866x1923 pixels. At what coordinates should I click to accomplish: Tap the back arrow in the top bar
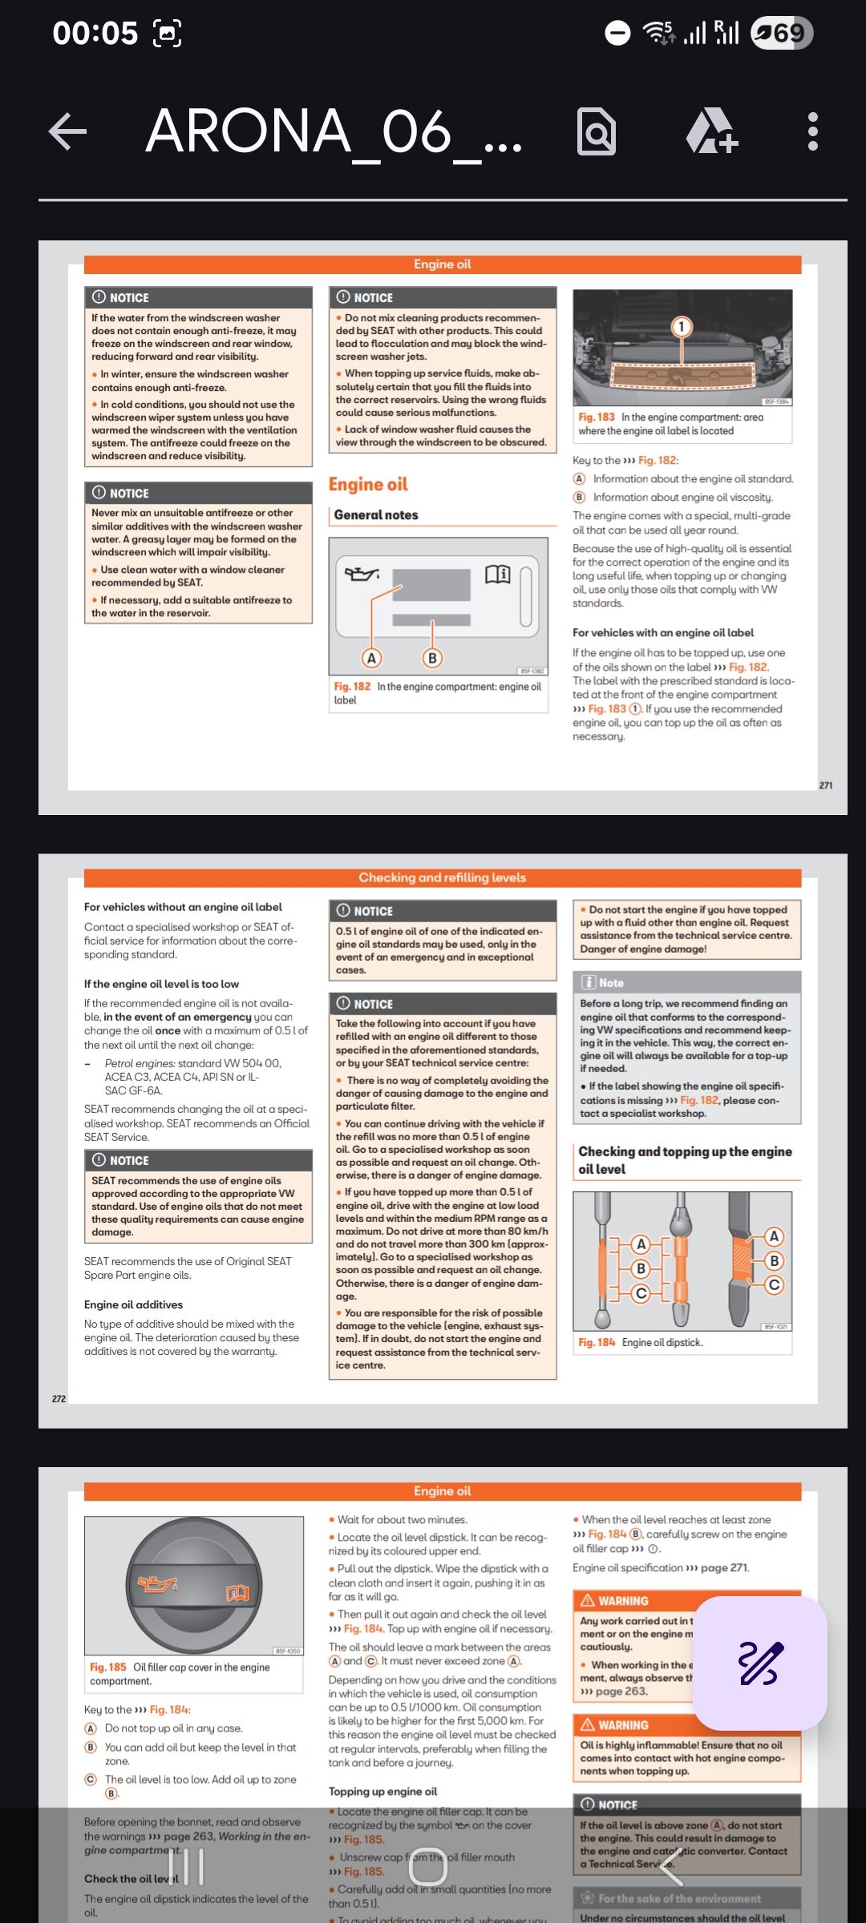click(68, 131)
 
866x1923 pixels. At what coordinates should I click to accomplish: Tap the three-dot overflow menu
click(812, 131)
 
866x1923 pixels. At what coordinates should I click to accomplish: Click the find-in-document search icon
click(597, 131)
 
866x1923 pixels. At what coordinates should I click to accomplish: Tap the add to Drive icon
click(711, 131)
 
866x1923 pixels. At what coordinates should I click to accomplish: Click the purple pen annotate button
click(760, 1663)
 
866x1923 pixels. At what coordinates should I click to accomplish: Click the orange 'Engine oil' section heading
click(368, 485)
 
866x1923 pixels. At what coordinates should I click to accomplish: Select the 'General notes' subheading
click(376, 515)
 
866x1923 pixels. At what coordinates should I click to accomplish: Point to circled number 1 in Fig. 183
click(681, 326)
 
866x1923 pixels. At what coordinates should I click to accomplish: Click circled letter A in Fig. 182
click(370, 658)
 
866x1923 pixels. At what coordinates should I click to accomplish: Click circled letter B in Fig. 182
click(432, 658)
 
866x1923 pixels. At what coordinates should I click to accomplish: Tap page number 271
click(826, 785)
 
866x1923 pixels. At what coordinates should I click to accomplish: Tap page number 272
click(59, 1399)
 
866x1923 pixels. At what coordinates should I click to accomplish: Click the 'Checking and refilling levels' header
click(442, 877)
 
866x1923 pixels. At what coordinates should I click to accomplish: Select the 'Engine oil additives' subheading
click(133, 1304)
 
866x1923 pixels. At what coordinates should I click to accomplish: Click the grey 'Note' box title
click(610, 983)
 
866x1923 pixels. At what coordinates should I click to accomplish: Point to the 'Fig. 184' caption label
click(597, 1342)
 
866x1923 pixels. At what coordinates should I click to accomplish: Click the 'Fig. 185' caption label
click(108, 1667)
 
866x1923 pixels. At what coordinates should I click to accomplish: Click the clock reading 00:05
click(95, 33)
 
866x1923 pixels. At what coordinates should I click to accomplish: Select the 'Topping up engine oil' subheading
click(382, 1792)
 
